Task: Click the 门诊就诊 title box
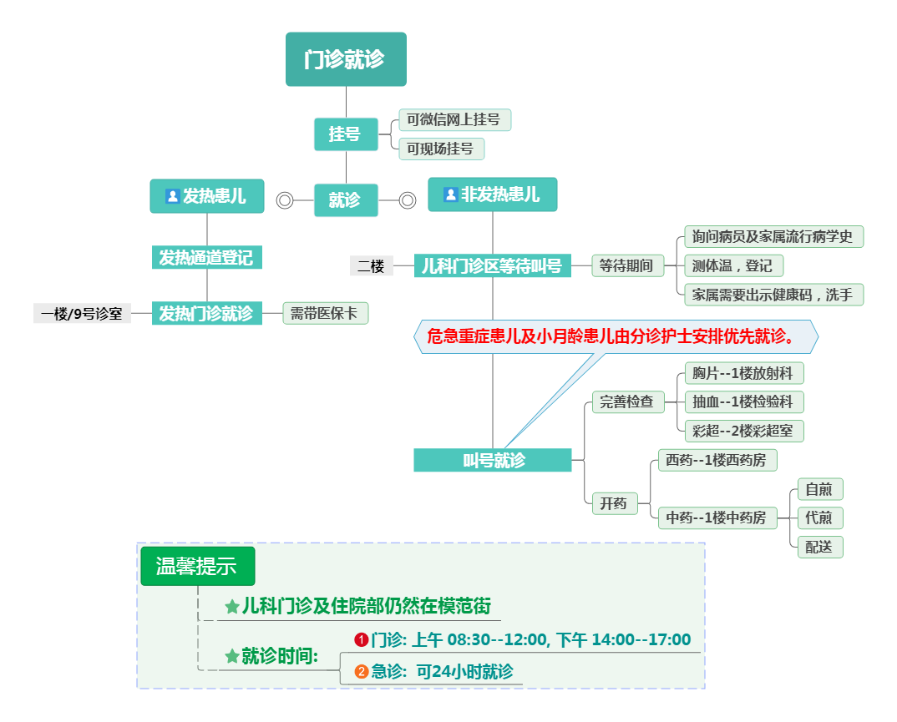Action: pyautogui.click(x=346, y=59)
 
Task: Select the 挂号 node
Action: pyautogui.click(x=345, y=134)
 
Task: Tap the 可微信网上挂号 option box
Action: pyautogui.click(x=454, y=119)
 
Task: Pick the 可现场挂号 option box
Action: pyautogui.click(x=441, y=149)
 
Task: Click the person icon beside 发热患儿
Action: pyautogui.click(x=172, y=196)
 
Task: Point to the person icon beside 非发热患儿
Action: pyautogui.click(x=450, y=194)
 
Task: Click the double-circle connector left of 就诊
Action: pyautogui.click(x=285, y=200)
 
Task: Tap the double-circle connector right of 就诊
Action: pyautogui.click(x=407, y=200)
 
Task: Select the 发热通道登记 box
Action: pyautogui.click(x=206, y=257)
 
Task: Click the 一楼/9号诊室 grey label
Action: pyautogui.click(x=82, y=314)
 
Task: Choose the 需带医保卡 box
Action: pyautogui.click(x=325, y=313)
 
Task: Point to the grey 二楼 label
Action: pyautogui.click(x=371, y=266)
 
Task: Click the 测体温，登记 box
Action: pyautogui.click(x=732, y=265)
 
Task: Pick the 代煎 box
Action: pyautogui.click(x=819, y=518)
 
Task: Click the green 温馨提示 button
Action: pyautogui.click(x=197, y=566)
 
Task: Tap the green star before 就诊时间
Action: pyautogui.click(x=232, y=657)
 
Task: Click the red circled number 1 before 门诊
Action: pyautogui.click(x=362, y=640)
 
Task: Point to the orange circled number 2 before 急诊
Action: pyautogui.click(x=362, y=671)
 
